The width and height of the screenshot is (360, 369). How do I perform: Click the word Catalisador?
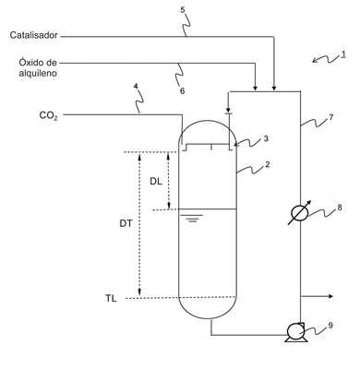point(33,35)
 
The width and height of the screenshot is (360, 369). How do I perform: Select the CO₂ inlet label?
point(48,115)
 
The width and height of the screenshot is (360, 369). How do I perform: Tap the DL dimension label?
point(156,182)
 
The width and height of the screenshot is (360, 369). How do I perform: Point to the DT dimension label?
point(126,223)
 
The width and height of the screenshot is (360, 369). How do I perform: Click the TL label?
point(111,298)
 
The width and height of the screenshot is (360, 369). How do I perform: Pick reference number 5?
point(183,10)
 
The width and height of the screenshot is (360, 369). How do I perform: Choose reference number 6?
point(182,91)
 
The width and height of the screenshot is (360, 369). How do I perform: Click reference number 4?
point(136,86)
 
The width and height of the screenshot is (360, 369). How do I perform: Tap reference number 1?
point(343,54)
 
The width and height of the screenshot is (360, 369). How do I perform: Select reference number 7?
point(330,116)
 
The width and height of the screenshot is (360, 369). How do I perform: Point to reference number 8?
point(340,208)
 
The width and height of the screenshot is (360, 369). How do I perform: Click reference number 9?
point(330,326)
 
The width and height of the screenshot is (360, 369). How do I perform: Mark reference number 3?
point(266,138)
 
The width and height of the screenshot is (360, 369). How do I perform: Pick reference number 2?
point(268,164)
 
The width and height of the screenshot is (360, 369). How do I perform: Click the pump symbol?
point(295,332)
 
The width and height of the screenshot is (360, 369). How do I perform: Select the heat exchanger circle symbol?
point(300,212)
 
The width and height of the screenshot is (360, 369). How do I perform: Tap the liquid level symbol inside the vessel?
point(192,218)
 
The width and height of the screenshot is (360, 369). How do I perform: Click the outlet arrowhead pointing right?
point(330,296)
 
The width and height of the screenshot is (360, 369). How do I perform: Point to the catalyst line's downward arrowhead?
point(274,89)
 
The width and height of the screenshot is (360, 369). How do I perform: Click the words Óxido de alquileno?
point(38,67)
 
